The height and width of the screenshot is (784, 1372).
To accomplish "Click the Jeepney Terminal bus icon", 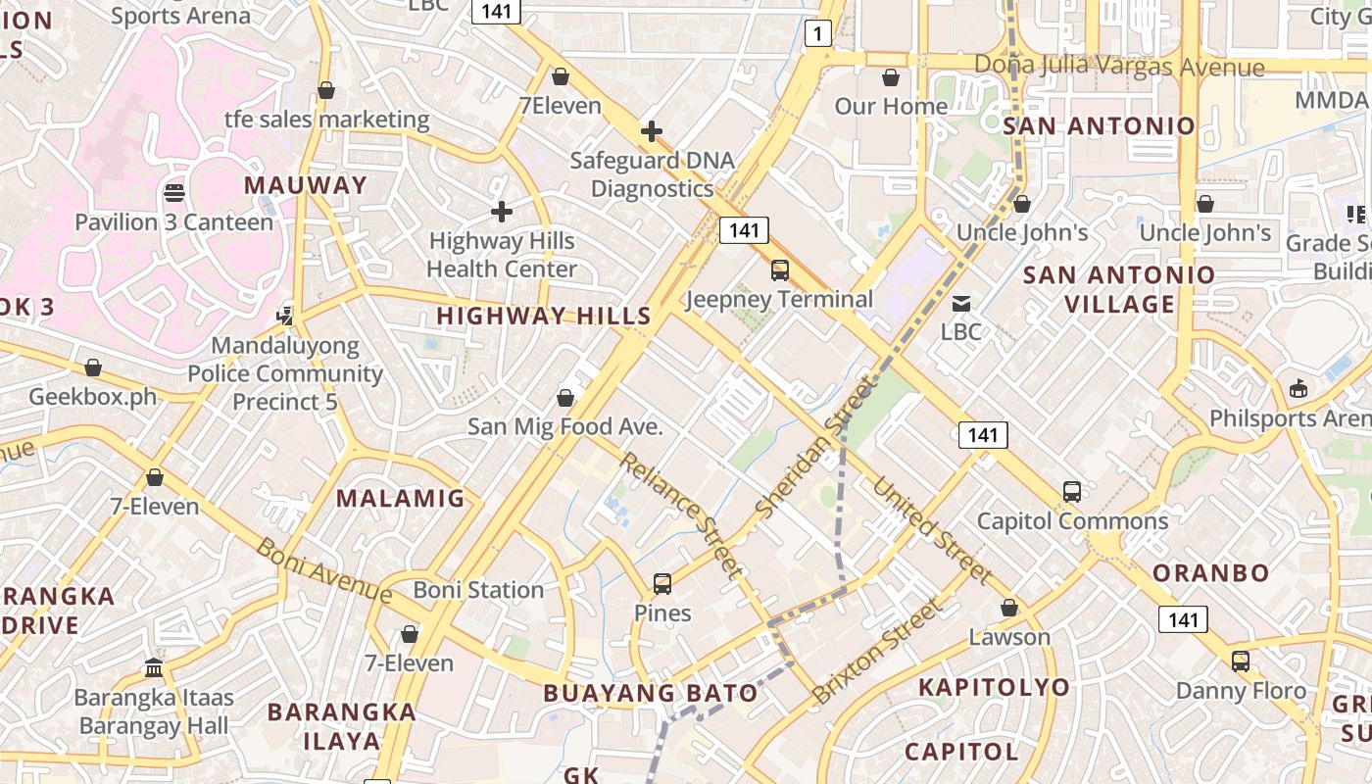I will pyautogui.click(x=780, y=270).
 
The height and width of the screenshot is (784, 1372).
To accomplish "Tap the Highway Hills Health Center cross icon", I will pyautogui.click(x=502, y=211).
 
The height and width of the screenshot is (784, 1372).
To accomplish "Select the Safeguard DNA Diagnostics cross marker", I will pyautogui.click(x=652, y=131).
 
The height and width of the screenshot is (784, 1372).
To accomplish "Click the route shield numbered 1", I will pyautogui.click(x=818, y=34).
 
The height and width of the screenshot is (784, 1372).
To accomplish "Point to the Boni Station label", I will pyautogui.click(x=478, y=590).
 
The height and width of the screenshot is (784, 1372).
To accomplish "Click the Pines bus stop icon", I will pyautogui.click(x=662, y=584).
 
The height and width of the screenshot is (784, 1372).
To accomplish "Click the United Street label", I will pyautogui.click(x=931, y=529).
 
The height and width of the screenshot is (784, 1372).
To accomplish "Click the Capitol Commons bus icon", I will pyautogui.click(x=1072, y=492).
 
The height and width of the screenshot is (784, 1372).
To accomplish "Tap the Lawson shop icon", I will pyautogui.click(x=1009, y=609).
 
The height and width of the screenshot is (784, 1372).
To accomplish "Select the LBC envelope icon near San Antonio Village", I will pyautogui.click(x=961, y=304).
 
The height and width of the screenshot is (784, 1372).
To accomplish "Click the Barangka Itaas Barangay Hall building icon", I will pyautogui.click(x=154, y=668).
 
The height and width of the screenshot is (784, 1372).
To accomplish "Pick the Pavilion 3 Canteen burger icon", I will pyautogui.click(x=174, y=193).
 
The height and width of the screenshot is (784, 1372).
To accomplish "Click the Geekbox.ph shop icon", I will pyautogui.click(x=93, y=367).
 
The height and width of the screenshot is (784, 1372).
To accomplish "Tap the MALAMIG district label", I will pyautogui.click(x=401, y=498).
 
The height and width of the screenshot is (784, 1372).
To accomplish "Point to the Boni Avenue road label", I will pyautogui.click(x=324, y=570).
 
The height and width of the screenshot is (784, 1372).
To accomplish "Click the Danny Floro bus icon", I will pyautogui.click(x=1241, y=661).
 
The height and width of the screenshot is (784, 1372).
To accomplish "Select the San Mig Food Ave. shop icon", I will pyautogui.click(x=565, y=398).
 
